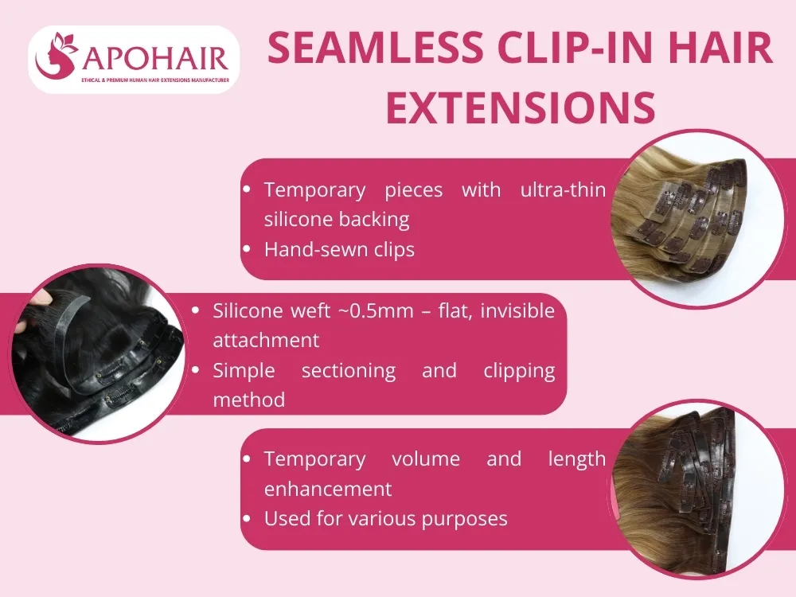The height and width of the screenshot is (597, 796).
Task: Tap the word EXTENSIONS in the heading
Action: point(521,107)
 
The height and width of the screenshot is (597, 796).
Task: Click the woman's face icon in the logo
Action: point(57,57)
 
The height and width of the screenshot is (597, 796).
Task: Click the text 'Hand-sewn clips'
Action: point(339,249)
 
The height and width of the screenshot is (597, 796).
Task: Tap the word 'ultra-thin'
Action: point(563,190)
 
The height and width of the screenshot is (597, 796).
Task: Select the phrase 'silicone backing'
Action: point(336,219)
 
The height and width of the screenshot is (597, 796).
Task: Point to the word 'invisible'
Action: point(518,310)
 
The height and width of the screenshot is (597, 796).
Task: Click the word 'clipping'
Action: point(518,370)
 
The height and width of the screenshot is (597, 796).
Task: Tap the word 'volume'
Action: point(425,459)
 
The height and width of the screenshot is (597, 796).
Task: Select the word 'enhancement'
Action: point(328,488)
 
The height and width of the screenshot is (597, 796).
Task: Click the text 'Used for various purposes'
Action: point(385,519)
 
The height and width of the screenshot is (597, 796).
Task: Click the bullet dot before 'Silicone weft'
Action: point(196,311)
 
